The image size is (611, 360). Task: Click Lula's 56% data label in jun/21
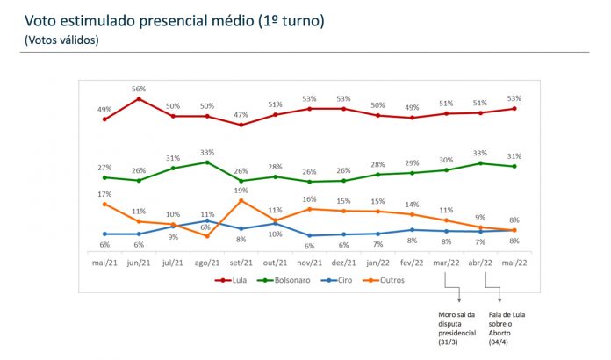point(139,89)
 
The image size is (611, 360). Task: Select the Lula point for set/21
point(241,125)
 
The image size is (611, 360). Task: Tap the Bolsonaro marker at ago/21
point(207,162)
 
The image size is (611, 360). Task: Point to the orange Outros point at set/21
point(241,200)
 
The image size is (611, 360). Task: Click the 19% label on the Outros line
point(241,190)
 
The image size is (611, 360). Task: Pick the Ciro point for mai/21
point(104,234)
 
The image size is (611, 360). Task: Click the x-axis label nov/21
point(309,262)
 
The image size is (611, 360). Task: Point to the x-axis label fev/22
point(412,262)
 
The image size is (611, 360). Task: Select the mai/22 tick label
point(514,262)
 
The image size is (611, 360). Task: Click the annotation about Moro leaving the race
point(457,327)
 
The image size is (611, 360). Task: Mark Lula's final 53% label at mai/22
point(514,98)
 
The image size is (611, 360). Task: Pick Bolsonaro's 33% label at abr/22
point(480,153)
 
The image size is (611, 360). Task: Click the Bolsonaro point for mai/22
point(514,166)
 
